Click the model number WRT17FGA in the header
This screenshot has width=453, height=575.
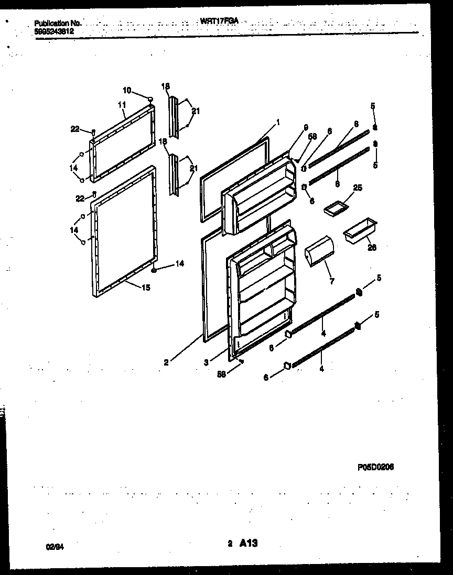click(x=219, y=22)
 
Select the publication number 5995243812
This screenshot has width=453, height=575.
click(x=54, y=31)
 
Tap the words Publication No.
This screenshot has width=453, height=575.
click(x=58, y=23)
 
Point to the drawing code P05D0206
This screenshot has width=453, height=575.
click(x=375, y=468)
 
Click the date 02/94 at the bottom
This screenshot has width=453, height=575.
click(x=54, y=547)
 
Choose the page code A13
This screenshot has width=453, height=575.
click(x=249, y=544)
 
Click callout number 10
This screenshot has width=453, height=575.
click(x=127, y=90)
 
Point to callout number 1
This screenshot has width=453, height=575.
click(x=278, y=123)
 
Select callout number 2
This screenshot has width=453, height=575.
click(x=166, y=362)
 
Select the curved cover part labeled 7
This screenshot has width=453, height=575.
click(x=318, y=251)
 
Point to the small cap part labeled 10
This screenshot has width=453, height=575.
click(x=150, y=98)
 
